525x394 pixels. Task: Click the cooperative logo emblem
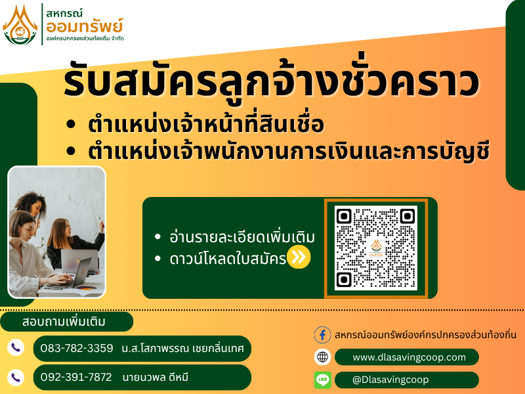(20, 25)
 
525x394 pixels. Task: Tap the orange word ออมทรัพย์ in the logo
(85, 26)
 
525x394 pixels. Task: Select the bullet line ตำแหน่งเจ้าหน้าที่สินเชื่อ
(206, 124)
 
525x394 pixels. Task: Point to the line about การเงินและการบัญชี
(289, 152)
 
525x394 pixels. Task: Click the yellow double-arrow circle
(299, 257)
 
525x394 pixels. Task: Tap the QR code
(375, 248)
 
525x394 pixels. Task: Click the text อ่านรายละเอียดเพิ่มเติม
(242, 236)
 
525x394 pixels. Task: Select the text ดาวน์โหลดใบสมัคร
(228, 259)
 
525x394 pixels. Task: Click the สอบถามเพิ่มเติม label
(64, 322)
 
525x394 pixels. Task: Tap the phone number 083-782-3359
(77, 349)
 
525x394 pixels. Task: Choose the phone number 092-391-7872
(76, 377)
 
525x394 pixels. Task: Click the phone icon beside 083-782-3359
(16, 347)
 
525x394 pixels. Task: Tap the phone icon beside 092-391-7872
(16, 377)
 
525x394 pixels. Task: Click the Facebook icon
(322, 335)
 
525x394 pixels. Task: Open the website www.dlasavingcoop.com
(409, 357)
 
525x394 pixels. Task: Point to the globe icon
(322, 357)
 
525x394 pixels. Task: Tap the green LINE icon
(323, 380)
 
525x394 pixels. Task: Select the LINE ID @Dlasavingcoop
(390, 380)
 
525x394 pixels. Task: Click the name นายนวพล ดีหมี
(156, 377)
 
